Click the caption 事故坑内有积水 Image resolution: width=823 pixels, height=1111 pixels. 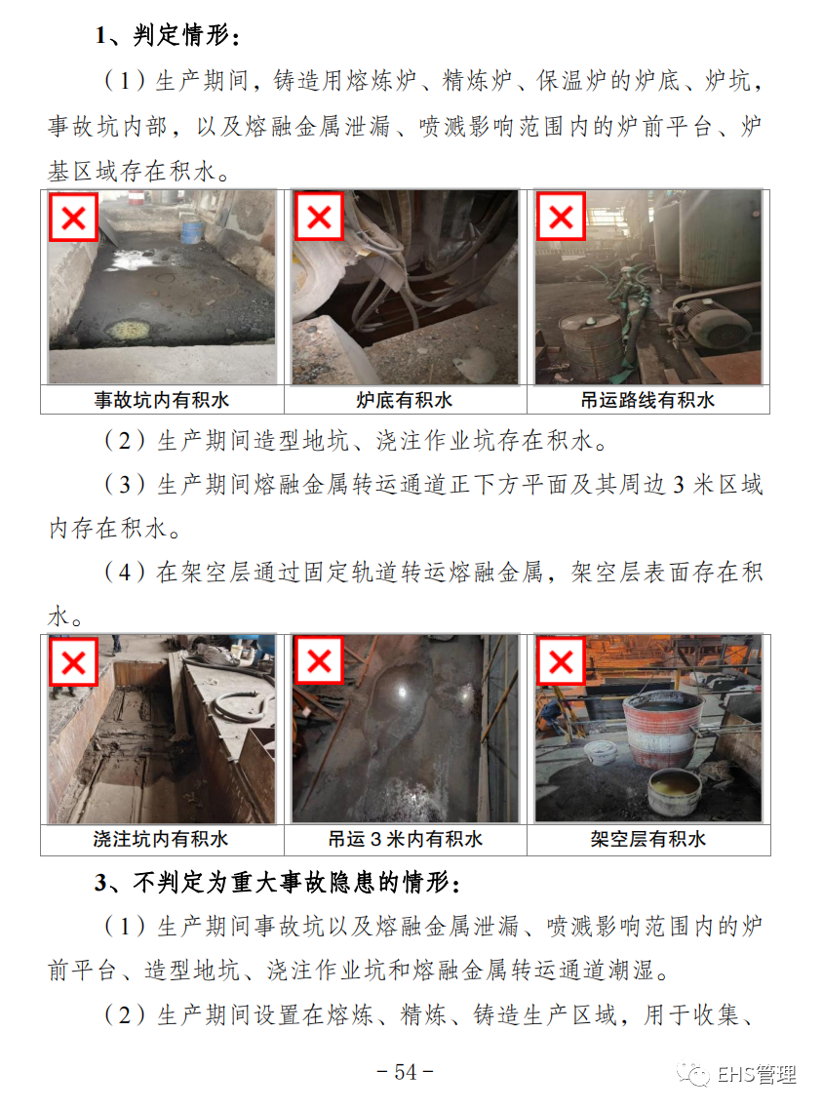coord(162,400)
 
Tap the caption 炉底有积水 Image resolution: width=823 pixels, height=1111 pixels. coord(405,400)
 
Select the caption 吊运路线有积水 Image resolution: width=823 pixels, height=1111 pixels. coord(647,400)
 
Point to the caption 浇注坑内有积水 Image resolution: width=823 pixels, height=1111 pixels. coord(161,840)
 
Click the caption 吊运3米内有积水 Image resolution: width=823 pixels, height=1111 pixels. coord(405,840)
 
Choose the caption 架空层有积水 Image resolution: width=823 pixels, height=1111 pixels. coord(648,840)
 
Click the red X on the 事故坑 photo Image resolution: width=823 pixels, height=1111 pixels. coord(74,218)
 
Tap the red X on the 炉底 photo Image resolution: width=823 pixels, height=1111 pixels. coord(319,217)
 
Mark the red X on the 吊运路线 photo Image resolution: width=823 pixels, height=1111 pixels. coord(561,217)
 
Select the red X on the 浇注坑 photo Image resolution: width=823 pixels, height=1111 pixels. coord(74,662)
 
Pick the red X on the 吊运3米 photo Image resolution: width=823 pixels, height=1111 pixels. coord(319,660)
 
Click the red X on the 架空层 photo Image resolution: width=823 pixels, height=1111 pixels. coord(561,661)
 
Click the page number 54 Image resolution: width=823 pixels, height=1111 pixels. coord(405,1072)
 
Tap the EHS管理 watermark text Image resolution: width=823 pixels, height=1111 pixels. coord(757,1075)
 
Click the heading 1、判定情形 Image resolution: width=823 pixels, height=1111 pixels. coord(167,35)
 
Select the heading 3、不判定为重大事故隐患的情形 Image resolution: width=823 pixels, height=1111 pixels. coord(278,883)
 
